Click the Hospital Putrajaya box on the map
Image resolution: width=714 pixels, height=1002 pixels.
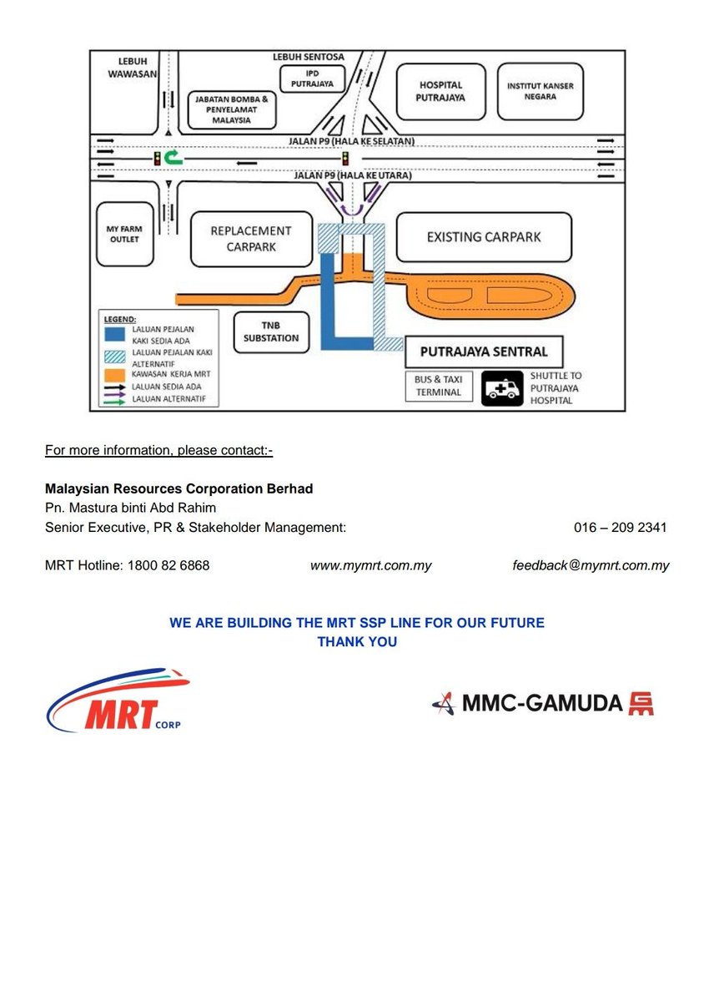click(440, 91)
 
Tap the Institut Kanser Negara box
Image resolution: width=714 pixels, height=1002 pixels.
click(541, 91)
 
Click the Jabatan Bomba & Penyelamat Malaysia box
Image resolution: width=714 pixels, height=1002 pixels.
click(231, 109)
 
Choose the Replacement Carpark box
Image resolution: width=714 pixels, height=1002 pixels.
click(250, 238)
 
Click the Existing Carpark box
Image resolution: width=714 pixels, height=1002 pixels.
click(484, 237)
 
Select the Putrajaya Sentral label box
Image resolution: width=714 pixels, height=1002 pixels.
click(483, 352)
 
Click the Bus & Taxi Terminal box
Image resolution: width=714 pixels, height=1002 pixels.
click(438, 386)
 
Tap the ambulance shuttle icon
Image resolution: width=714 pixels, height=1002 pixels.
click(502, 388)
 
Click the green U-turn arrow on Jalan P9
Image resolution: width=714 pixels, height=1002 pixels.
click(173, 156)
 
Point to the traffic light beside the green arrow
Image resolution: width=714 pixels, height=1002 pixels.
click(156, 157)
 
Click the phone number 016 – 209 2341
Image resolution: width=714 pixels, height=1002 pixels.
click(620, 528)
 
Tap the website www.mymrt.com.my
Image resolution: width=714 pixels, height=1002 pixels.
click(370, 565)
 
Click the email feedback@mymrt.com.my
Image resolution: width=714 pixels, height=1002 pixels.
click(591, 565)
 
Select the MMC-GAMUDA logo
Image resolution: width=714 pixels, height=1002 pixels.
click(542, 703)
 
